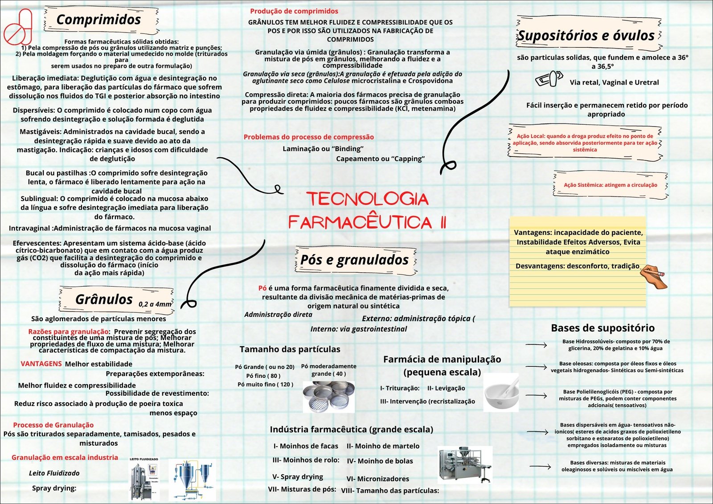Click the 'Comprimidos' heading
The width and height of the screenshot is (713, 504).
tap(98, 20)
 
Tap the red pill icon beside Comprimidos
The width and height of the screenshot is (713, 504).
tap(18, 28)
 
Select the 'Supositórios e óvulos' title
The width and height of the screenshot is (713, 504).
tap(586, 35)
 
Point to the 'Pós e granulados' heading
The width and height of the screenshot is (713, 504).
tap(355, 259)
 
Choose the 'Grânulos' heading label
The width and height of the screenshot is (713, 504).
tap(104, 299)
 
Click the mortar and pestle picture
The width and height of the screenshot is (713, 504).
tap(502, 392)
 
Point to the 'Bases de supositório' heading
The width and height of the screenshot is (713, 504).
tap(602, 328)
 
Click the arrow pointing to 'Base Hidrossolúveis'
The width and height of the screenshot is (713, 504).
tap(536, 344)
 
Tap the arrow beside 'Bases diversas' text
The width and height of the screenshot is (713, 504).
tap(540, 467)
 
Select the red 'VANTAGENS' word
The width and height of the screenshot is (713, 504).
tap(41, 364)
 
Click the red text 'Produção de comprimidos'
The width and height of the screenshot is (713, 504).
tap(294, 11)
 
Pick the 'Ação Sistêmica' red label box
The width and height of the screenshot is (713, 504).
tap(610, 185)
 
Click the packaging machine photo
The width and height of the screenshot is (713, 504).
tap(465, 464)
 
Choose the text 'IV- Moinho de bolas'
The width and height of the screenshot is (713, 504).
tap(380, 461)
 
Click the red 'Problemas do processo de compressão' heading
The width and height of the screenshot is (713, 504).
tap(308, 137)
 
